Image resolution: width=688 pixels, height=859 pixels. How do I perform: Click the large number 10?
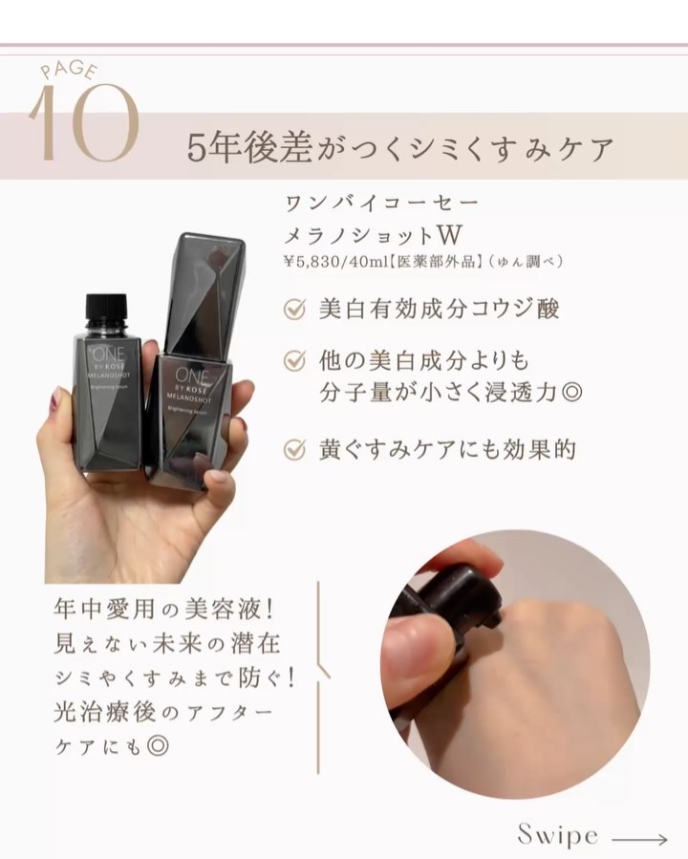[x=83, y=122]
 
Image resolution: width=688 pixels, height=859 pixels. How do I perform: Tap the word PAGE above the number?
[x=70, y=70]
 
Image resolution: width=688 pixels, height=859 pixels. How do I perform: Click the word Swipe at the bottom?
[x=558, y=835]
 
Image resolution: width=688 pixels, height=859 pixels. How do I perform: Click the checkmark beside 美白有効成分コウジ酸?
[x=294, y=309]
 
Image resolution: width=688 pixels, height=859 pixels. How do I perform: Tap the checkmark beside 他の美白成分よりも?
[x=294, y=360]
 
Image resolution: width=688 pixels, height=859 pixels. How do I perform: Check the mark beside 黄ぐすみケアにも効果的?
[x=294, y=449]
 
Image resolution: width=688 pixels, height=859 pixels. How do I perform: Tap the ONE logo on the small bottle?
[x=109, y=354]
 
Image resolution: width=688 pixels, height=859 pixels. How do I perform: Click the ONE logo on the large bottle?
[x=191, y=376]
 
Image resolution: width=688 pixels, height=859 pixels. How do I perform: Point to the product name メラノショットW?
[x=373, y=235]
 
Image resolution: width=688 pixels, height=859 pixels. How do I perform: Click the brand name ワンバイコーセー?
[x=381, y=204]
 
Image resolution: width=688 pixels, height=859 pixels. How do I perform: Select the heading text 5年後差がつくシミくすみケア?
[x=400, y=148]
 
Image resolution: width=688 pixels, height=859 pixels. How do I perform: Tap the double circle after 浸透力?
[x=571, y=393]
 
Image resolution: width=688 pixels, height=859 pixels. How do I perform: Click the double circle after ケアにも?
[x=158, y=745]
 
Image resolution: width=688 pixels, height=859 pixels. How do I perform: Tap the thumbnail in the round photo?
[x=412, y=666]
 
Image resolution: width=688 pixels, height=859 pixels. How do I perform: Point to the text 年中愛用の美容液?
[x=162, y=609]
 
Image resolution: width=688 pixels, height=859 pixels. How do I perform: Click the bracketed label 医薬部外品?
[x=436, y=261]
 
